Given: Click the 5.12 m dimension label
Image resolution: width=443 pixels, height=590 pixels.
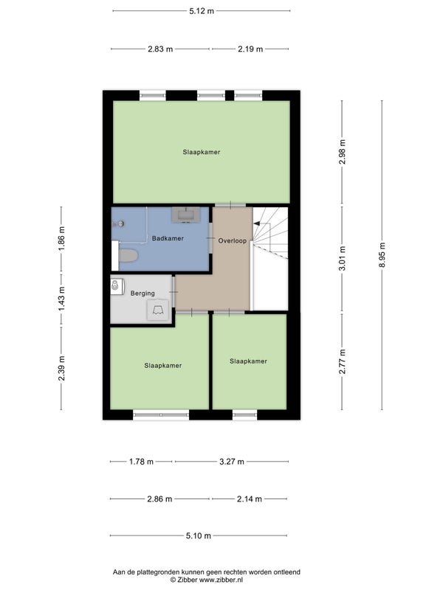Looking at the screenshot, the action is click(x=202, y=11).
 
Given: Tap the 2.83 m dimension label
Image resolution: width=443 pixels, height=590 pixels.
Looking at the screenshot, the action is click(x=160, y=49).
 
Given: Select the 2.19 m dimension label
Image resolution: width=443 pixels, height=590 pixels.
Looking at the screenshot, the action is click(x=250, y=49).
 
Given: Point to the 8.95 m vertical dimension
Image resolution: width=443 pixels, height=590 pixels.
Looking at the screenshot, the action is click(x=382, y=255).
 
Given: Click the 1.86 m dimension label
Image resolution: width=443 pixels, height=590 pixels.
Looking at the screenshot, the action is click(x=62, y=238).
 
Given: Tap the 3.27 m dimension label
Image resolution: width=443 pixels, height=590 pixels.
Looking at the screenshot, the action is click(x=232, y=462).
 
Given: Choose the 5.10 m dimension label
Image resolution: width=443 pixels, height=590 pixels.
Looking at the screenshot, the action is click(x=199, y=535).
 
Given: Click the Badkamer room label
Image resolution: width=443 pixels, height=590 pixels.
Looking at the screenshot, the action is click(x=168, y=238).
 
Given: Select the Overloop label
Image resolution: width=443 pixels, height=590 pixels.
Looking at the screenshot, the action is click(x=233, y=240).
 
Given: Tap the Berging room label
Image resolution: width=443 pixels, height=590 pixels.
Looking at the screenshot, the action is click(x=142, y=293).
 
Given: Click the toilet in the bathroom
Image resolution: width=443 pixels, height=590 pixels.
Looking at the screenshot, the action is click(x=128, y=256).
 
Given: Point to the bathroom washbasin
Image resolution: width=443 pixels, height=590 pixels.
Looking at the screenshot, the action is click(x=186, y=215).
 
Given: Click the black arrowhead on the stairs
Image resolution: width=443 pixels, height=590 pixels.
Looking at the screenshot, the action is click(x=256, y=223).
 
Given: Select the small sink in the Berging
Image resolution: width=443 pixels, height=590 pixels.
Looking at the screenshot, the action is click(x=117, y=286).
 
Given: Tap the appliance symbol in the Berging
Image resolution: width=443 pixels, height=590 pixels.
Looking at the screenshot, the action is click(x=157, y=310).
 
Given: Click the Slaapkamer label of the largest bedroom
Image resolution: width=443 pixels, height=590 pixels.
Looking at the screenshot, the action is click(x=202, y=152).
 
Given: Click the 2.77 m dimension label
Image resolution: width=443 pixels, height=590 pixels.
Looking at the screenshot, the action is click(x=342, y=361).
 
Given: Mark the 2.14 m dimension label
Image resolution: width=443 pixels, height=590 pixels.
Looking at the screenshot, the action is click(x=249, y=499).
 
